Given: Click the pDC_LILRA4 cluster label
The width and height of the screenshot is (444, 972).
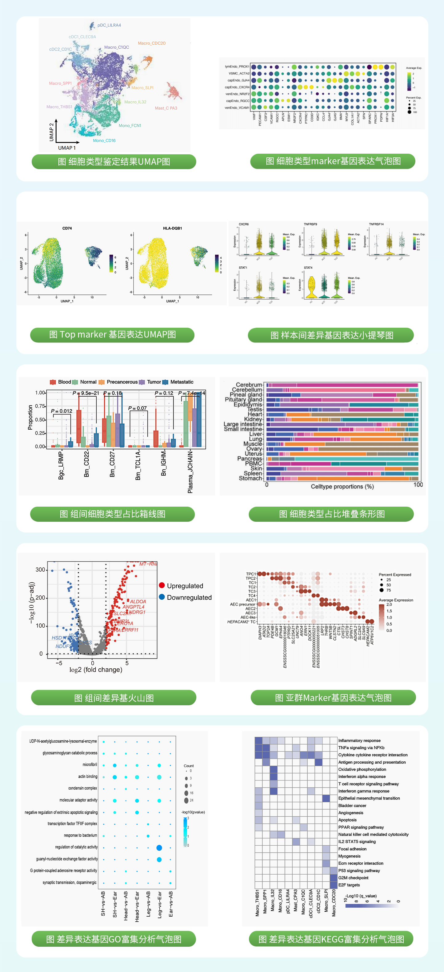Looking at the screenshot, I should [x=109, y=25].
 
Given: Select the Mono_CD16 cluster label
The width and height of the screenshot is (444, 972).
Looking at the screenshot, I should [x=104, y=140].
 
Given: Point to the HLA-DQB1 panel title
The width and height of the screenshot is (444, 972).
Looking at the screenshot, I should [x=172, y=228].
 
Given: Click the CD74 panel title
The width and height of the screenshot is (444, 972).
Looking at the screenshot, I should [x=67, y=228].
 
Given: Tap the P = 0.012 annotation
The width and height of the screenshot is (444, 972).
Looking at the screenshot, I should [x=62, y=411].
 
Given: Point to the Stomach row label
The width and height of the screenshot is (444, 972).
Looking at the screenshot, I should [x=250, y=478].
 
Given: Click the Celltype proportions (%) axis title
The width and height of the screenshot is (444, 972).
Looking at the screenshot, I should [x=342, y=486].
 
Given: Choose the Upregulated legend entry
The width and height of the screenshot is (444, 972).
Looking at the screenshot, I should [x=185, y=585].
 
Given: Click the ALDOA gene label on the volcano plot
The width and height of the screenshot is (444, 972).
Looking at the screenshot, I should [x=138, y=601].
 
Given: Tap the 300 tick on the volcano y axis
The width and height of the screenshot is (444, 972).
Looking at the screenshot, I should [x=40, y=569].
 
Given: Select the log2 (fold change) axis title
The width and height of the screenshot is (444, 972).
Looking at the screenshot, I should [x=96, y=670].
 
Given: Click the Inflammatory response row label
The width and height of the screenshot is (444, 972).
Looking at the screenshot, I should [x=359, y=740].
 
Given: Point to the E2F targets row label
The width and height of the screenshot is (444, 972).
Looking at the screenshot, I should [x=349, y=885].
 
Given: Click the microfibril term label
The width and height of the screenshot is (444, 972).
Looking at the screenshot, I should [x=90, y=764].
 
